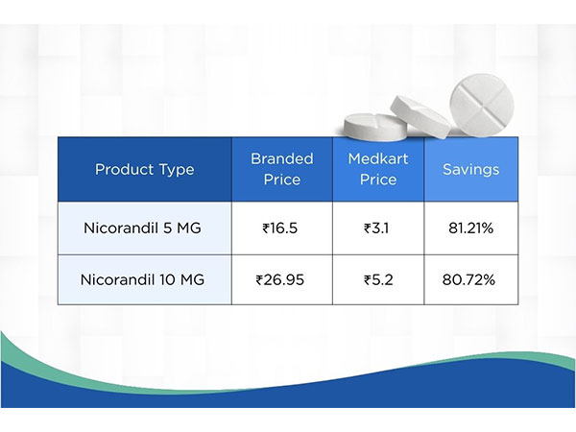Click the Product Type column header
(144, 170)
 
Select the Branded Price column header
(281, 169)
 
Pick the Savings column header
(470, 170)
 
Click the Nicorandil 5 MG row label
(144, 228)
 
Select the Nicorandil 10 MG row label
(144, 279)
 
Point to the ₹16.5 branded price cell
(281, 228)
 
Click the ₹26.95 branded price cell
(281, 279)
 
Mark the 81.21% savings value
(470, 228)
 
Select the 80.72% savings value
(470, 279)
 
